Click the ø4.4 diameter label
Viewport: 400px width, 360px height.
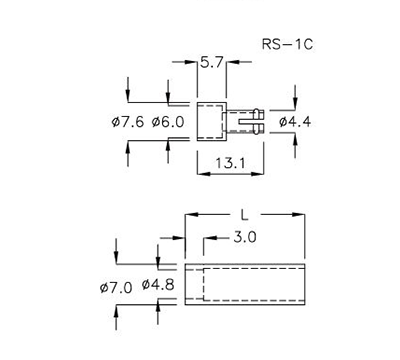pyautogui.click(x=297, y=122)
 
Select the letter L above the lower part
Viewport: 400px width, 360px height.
pyautogui.click(x=245, y=214)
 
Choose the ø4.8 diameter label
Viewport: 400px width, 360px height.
pyautogui.click(x=158, y=287)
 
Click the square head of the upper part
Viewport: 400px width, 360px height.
pyautogui.click(x=211, y=121)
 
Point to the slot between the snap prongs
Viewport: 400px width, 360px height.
pyautogui.click(x=247, y=121)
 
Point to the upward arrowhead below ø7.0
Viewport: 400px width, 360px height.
pyautogui.click(x=118, y=311)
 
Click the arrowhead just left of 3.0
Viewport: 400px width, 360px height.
pyautogui.click(x=207, y=240)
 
